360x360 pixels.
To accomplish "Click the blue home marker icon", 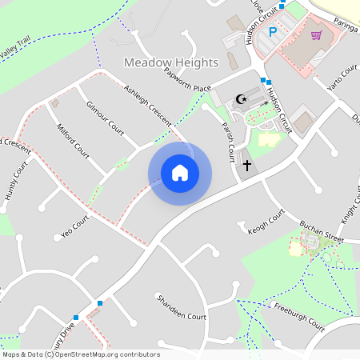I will (x=180, y=172).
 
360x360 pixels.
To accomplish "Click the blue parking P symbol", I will (x=273, y=32).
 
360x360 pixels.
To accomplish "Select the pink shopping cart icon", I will (x=316, y=35).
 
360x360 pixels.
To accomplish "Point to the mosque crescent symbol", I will (x=241, y=100).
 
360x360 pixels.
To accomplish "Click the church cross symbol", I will (x=247, y=166).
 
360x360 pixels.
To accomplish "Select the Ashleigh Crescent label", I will (x=148, y=104).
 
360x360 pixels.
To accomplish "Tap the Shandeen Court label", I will (x=182, y=307).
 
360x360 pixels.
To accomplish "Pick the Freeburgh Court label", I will (x=298, y=317).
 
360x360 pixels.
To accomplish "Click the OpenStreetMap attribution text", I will (x=81, y=354).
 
